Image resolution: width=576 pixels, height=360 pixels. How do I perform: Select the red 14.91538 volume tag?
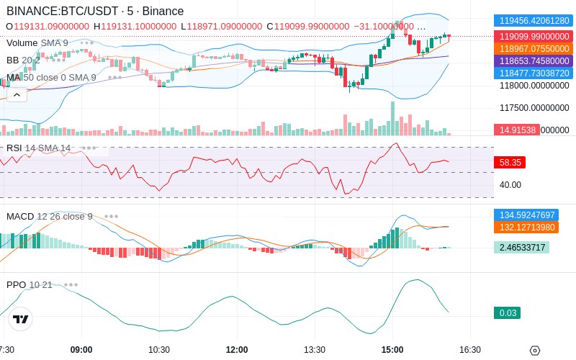click(515, 130)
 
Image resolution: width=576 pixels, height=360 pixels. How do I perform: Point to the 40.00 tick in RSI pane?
click(510, 184)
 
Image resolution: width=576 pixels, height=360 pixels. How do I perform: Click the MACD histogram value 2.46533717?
click(521, 247)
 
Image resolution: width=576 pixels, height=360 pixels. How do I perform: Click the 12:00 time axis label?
click(237, 350)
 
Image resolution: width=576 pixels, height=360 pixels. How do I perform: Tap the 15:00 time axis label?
click(392, 350)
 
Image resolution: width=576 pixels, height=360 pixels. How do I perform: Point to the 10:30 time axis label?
click(159, 350)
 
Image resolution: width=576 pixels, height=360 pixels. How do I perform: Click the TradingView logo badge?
click(21, 319)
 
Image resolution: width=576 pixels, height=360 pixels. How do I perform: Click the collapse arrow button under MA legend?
click(17, 94)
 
